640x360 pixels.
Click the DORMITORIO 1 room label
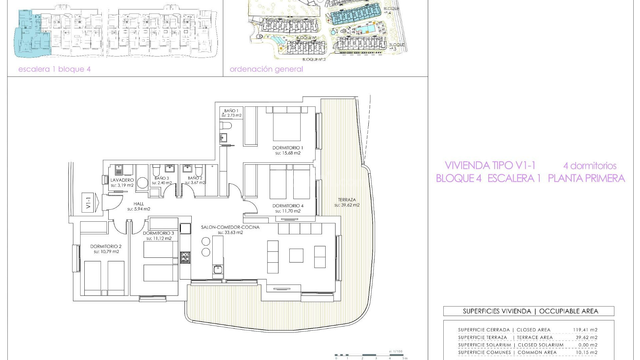coord(288,148)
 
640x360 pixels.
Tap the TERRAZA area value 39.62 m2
coord(347,205)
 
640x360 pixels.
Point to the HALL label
coord(139,204)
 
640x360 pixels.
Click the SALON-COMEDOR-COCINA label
coord(230,227)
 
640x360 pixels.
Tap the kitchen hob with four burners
coord(185,258)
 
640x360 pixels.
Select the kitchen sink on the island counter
coord(218,270)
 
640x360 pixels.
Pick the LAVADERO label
coord(122,180)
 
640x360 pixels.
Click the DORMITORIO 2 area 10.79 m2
coord(106,252)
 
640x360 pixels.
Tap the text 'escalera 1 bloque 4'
coord(54,69)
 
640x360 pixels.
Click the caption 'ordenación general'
coord(266,69)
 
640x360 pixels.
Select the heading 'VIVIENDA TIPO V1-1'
coord(490,165)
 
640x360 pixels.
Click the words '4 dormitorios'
coord(590,166)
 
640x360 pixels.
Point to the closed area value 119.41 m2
coord(585,330)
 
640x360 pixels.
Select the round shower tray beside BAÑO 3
coord(143,183)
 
